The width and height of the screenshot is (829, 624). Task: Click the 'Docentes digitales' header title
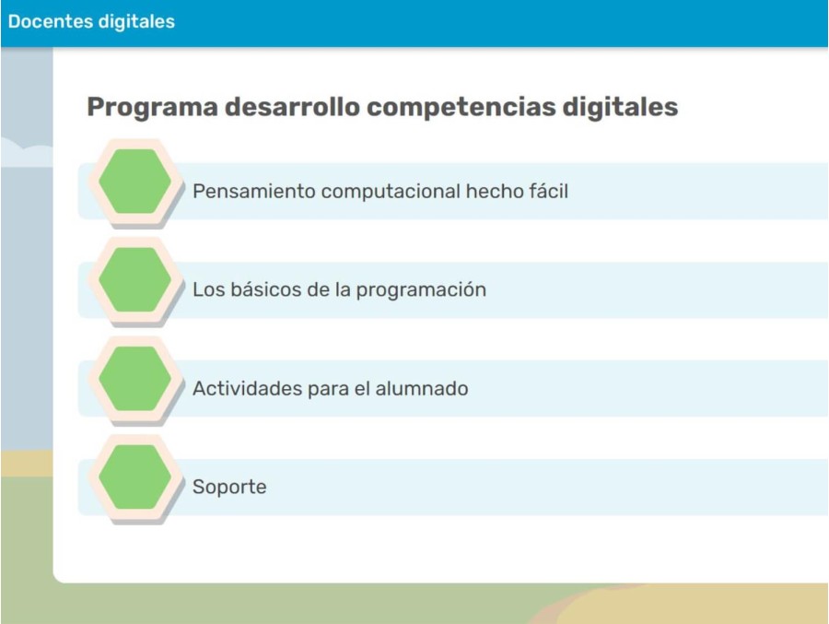coord(91,21)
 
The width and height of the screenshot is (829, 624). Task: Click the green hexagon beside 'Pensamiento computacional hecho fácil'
coord(134,181)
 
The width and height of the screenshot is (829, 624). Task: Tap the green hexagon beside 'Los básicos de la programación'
coord(134,279)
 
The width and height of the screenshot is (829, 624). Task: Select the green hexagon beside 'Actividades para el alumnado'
coord(134,378)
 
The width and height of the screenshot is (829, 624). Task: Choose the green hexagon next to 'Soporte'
coord(134,477)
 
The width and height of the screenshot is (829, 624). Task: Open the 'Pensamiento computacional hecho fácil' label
coord(379,192)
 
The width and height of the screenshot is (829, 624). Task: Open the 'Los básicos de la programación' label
coord(339,289)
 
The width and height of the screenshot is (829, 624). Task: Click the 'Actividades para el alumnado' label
coord(330,389)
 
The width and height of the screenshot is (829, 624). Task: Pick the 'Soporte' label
coord(229,487)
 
